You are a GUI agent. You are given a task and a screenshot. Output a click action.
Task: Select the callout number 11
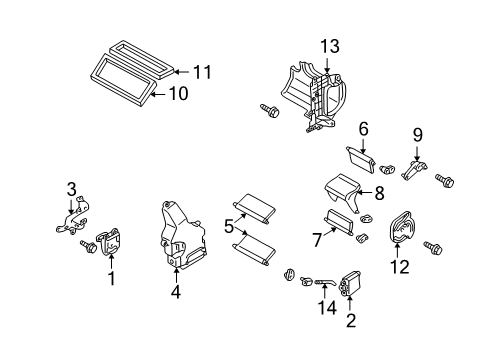point(203,71)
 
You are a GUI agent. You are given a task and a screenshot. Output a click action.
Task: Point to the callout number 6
point(364,128)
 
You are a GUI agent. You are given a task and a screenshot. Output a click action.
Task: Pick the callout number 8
point(379,193)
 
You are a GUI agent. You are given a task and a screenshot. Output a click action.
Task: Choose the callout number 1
point(112,280)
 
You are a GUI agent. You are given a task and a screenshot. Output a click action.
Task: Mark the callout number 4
point(175,294)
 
